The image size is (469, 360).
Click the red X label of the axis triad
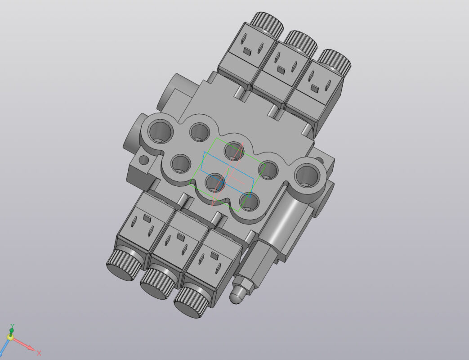click(39, 353)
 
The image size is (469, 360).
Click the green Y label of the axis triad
click(12, 325)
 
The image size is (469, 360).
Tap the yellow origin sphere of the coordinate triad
click(10, 337)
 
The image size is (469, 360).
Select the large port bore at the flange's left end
click(161, 132)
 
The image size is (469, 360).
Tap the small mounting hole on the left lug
click(143, 160)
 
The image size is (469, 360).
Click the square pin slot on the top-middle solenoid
click(281, 69)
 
